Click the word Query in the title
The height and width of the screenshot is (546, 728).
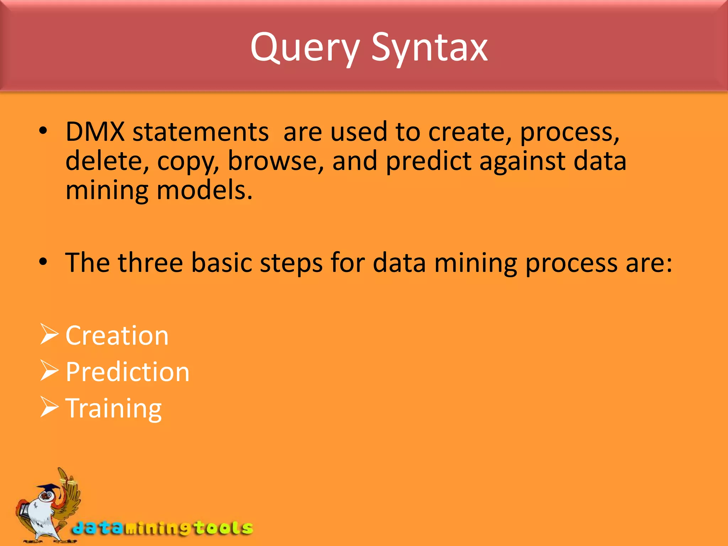(305, 48)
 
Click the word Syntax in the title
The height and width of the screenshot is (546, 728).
(429, 48)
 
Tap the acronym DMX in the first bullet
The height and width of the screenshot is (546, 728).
(95, 132)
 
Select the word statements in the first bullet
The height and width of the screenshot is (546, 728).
(200, 132)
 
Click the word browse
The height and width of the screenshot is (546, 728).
(275, 161)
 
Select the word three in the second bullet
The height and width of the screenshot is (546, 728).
(151, 263)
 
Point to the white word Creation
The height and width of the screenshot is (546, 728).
(117, 336)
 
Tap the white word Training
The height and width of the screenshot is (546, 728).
(114, 409)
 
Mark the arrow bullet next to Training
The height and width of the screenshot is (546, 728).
(49, 407)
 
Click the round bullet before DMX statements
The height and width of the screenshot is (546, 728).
(43, 131)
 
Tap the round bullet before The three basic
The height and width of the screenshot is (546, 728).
(43, 262)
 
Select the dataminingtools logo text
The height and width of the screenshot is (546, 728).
(162, 528)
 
